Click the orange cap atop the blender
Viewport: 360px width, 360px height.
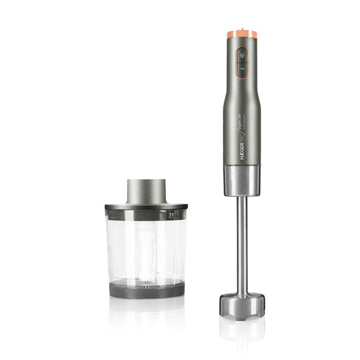point(241,34)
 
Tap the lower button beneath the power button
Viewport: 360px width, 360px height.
point(242,69)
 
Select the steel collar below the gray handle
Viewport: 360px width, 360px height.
point(241,181)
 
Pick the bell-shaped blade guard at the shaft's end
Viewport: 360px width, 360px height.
point(240,303)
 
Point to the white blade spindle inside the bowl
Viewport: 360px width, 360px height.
point(146,246)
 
